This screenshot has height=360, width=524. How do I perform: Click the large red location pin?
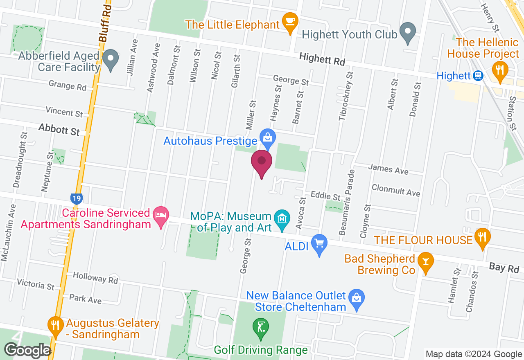pos(262,162)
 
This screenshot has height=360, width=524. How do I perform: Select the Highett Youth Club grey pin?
pos(408,32)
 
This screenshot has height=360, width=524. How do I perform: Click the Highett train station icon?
pos(477,76)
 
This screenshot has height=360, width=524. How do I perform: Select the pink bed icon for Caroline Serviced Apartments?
pos(160,215)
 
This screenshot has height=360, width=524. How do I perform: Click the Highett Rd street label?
pos(322,59)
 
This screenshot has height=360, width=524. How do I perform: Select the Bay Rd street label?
pos(504,268)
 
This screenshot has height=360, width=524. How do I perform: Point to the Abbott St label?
pos(59,130)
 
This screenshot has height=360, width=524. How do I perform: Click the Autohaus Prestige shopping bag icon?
pos(267,138)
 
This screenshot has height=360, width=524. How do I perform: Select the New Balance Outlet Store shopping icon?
pos(357,299)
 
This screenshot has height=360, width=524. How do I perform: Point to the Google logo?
pos(27,351)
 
